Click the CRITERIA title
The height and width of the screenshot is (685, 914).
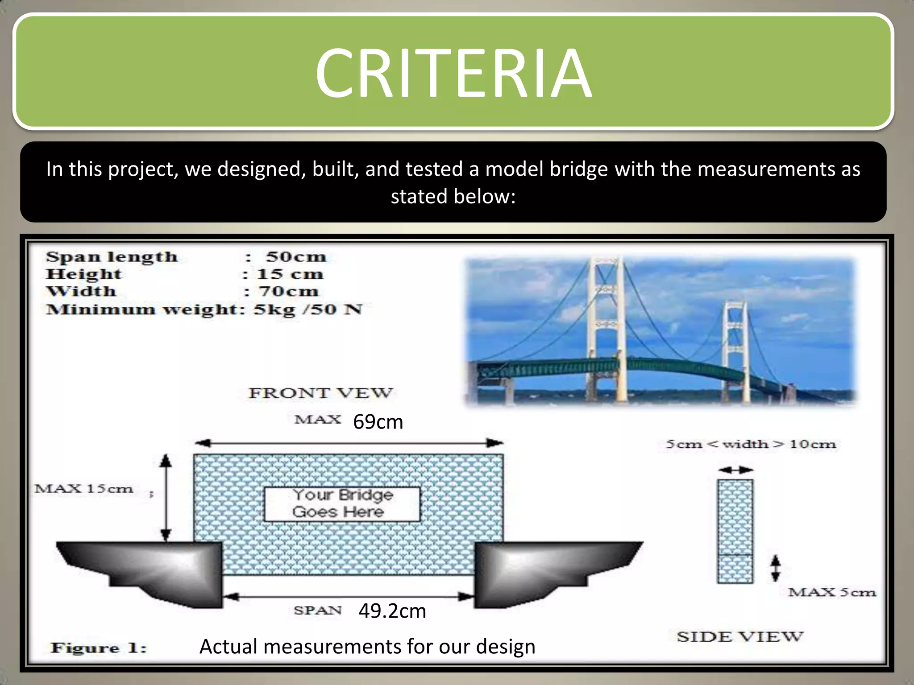tap(453, 74)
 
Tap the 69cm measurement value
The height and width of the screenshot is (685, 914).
tap(378, 422)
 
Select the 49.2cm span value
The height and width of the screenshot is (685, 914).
tap(392, 611)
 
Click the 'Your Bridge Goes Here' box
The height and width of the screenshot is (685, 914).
tap(342, 504)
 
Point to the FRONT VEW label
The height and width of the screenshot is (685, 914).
tap(320, 393)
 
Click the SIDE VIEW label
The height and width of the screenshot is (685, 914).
tap(740, 637)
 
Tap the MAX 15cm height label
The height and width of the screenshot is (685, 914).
tap(84, 489)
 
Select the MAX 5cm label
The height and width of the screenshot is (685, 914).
tap(831, 593)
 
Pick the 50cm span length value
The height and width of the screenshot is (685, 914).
tap(296, 257)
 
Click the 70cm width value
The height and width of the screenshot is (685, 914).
tap(289, 292)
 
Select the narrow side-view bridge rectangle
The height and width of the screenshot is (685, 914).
tap(735, 531)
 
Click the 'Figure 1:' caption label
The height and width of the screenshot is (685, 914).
tap(99, 648)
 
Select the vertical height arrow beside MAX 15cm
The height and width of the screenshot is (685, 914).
tap(166, 497)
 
